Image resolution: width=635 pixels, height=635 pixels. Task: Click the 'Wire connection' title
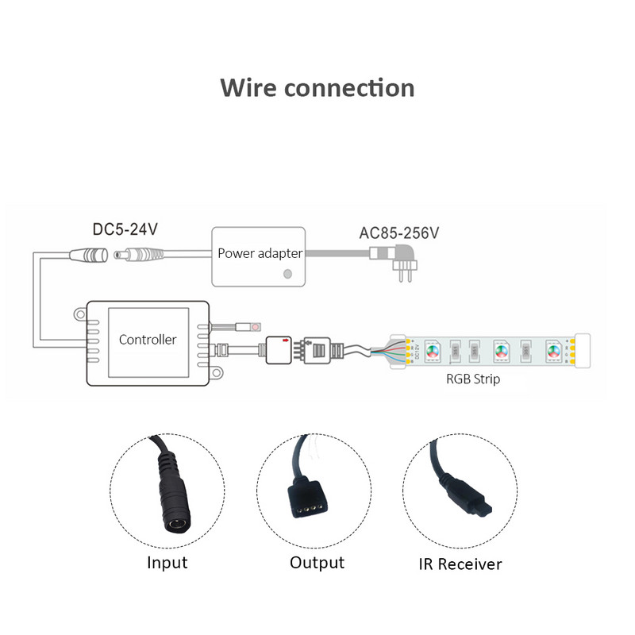pyautogui.click(x=317, y=87)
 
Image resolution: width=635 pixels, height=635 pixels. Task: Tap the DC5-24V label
pyautogui.click(x=125, y=229)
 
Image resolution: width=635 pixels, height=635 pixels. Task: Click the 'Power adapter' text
pyautogui.click(x=260, y=254)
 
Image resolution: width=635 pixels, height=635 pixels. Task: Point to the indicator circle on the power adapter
pyautogui.click(x=287, y=274)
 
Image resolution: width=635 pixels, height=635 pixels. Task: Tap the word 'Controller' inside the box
pyautogui.click(x=148, y=340)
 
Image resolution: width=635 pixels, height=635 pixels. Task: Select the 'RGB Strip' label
pyautogui.click(x=473, y=379)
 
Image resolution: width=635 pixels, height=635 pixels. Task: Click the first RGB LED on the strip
pyautogui.click(x=433, y=349)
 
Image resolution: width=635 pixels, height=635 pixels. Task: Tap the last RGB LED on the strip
pyautogui.click(x=552, y=349)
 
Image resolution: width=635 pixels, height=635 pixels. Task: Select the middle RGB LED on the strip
pyautogui.click(x=501, y=349)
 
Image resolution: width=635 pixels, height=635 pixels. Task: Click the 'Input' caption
pyautogui.click(x=167, y=563)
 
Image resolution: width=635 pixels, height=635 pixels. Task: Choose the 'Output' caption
pyautogui.click(x=317, y=563)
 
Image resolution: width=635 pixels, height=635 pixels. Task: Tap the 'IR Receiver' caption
pyautogui.click(x=460, y=564)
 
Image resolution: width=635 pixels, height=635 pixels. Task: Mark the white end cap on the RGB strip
pyautogui.click(x=584, y=349)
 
